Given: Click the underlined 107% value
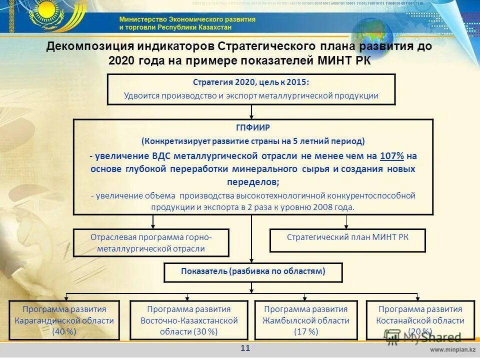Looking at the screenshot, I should (x=392, y=156).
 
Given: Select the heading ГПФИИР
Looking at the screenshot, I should (x=253, y=127).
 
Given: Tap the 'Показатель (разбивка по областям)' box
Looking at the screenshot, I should (x=253, y=272).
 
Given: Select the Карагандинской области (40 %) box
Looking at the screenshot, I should (x=64, y=320).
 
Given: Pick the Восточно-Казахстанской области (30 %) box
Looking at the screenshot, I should (x=189, y=320).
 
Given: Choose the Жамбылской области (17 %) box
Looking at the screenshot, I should (x=305, y=320).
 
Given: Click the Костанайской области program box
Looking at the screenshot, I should (x=420, y=320).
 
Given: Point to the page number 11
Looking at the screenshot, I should (x=245, y=348).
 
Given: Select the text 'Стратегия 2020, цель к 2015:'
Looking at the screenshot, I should (x=251, y=82).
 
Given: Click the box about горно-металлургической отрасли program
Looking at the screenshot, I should (x=151, y=242).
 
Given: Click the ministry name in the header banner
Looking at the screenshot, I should (x=187, y=23).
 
